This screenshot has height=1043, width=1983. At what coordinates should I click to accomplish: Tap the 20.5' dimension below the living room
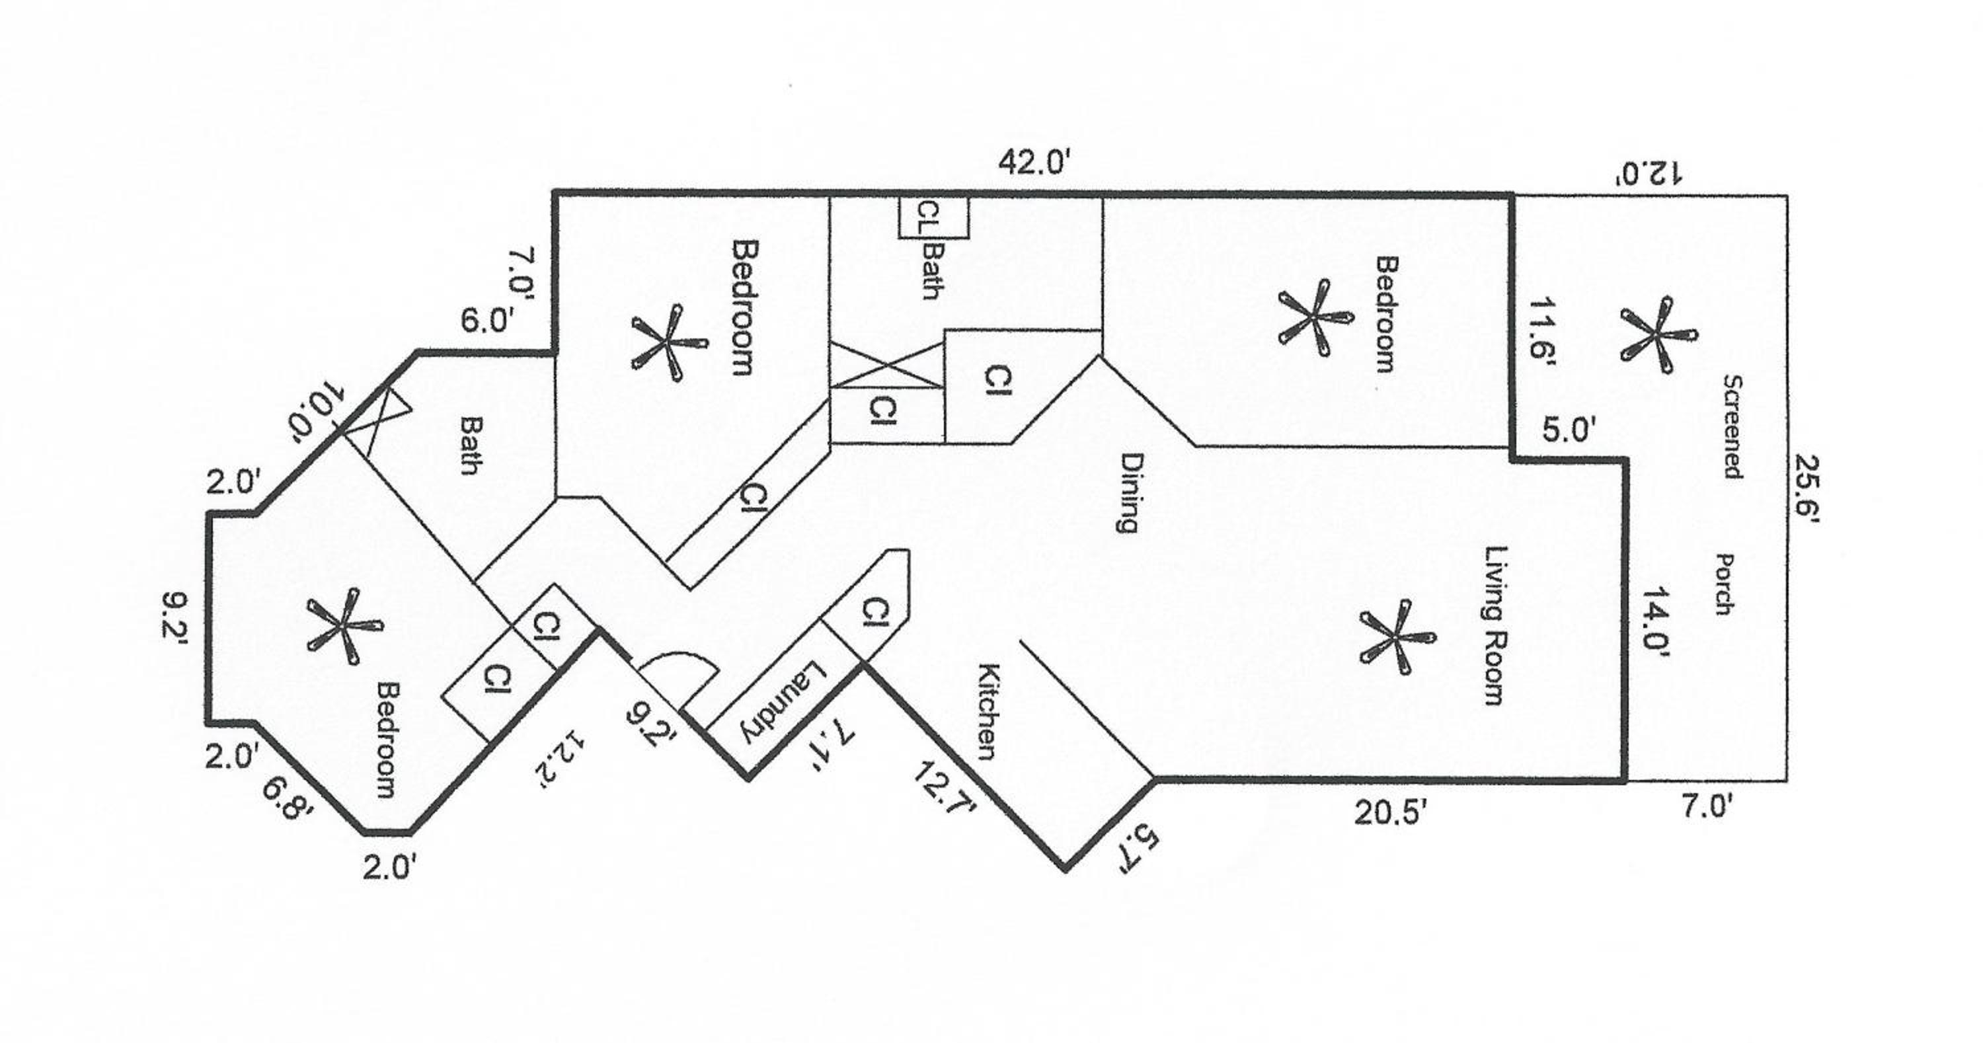pos(1395,814)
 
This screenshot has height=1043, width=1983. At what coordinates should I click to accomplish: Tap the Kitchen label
pos(990,711)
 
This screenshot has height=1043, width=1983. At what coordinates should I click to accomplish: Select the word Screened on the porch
pos(1732,426)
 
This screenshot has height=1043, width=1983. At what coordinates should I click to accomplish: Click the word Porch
pos(1725,584)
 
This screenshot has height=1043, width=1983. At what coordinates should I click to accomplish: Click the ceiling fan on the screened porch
pos(1657,335)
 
